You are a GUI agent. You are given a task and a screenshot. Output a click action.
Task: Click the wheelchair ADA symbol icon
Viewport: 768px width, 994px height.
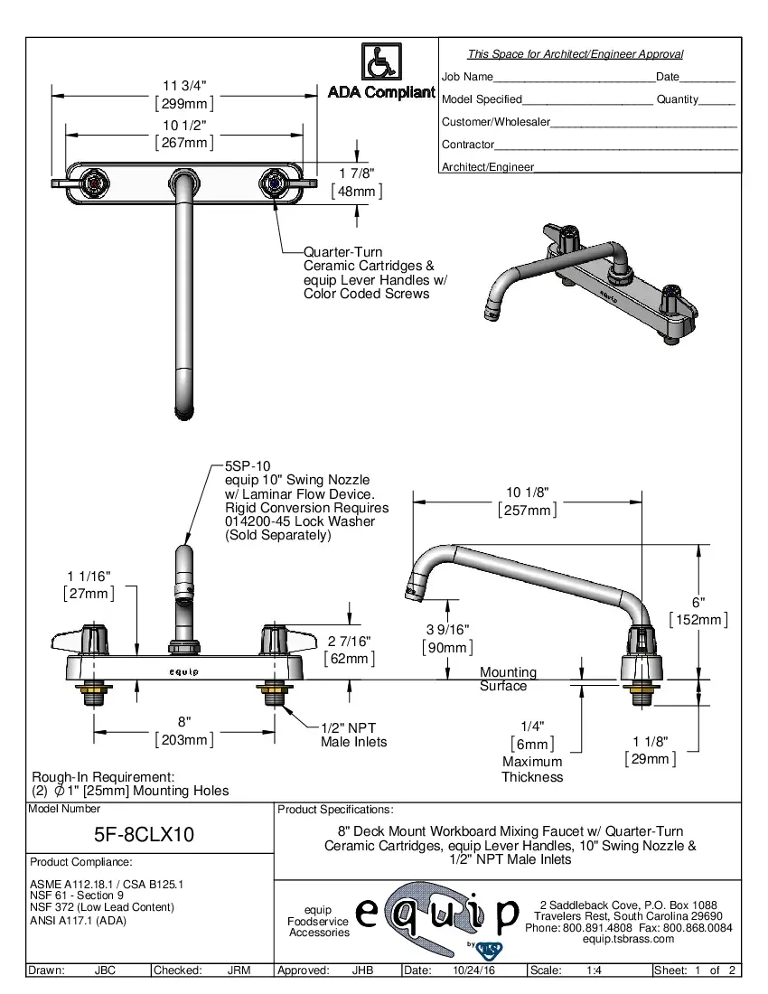[x=381, y=62]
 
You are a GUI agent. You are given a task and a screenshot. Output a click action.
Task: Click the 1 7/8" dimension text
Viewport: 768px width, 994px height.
[x=357, y=173]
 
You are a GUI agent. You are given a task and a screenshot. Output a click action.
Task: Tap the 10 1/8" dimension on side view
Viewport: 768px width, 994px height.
[x=528, y=492]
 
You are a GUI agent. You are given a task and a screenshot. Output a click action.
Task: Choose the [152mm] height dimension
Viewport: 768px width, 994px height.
[x=698, y=619]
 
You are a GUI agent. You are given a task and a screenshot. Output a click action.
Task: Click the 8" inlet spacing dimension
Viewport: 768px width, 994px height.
[x=184, y=721]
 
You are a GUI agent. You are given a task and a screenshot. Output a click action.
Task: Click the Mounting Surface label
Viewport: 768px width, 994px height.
[x=508, y=679]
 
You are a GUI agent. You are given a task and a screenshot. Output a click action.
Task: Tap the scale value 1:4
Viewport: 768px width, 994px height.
[x=595, y=971]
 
